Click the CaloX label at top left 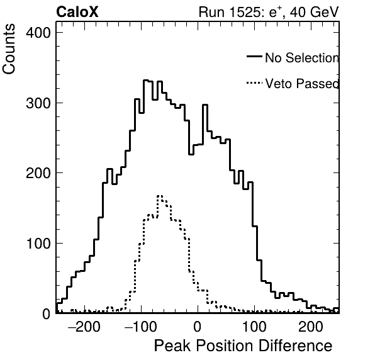click(77, 12)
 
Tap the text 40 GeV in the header click(314, 12)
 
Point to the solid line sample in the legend click(254, 57)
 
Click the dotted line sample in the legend click(254, 83)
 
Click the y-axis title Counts click(9, 49)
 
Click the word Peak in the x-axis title click(172, 346)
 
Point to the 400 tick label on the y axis click(38, 33)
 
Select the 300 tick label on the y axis click(38, 103)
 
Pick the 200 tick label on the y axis click(38, 173)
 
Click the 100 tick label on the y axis click(38, 244)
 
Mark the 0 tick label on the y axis click(47, 314)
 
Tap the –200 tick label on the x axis click(84, 327)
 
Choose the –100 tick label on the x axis click(141, 327)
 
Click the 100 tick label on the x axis click(254, 327)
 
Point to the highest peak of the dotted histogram click(160, 196)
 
